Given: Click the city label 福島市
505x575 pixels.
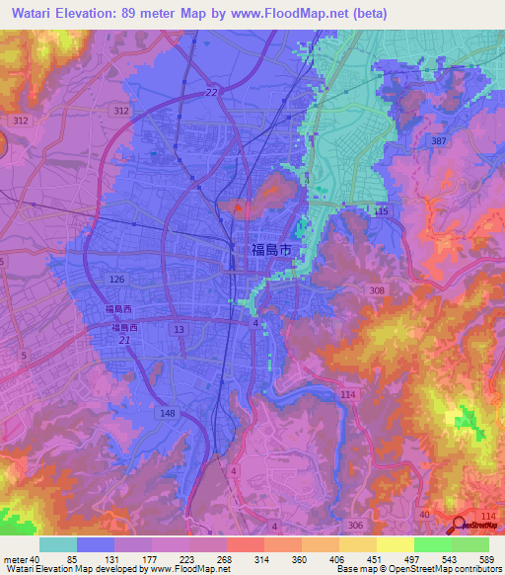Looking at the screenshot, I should (270, 252).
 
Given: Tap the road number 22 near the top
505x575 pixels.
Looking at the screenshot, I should (211, 92).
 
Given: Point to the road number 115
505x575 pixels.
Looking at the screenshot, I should (382, 211).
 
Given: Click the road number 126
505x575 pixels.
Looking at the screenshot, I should (117, 281).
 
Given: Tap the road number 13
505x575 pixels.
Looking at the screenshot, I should (178, 328).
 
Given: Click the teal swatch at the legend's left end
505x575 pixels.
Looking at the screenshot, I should (58, 544).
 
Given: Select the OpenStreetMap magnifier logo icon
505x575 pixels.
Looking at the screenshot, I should (459, 527).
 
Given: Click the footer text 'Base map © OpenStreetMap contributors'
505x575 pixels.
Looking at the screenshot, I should (418, 569).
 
